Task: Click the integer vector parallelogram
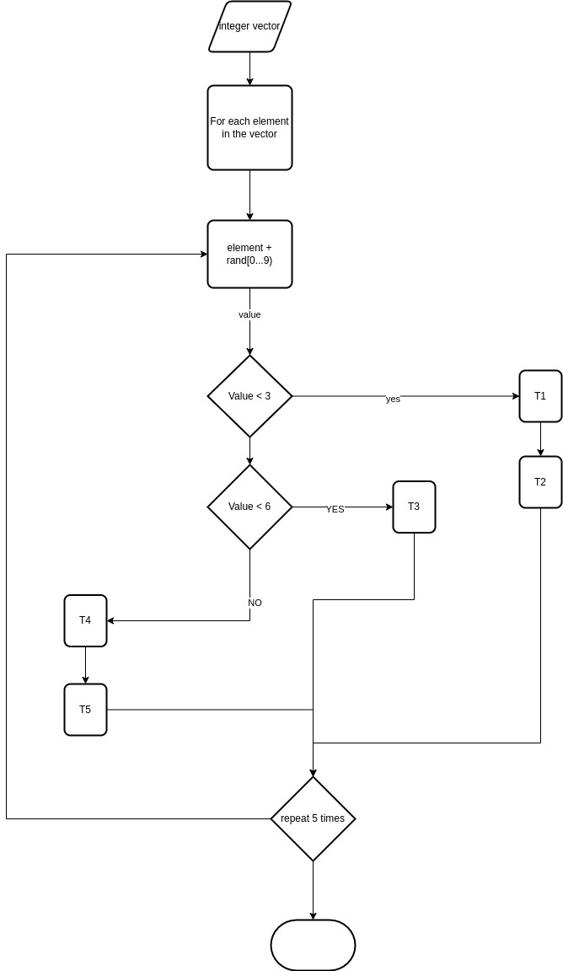[249, 27]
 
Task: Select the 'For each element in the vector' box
[249, 127]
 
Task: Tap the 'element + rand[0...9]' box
[249, 254]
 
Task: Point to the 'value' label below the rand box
[249, 314]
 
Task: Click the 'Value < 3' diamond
[249, 396]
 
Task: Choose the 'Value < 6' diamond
[249, 507]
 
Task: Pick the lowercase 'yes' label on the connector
[393, 399]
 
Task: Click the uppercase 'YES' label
[335, 509]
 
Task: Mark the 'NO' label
[255, 603]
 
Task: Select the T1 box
[540, 396]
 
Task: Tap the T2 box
[540, 482]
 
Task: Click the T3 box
[414, 507]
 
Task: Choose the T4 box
[85, 620]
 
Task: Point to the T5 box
[85, 710]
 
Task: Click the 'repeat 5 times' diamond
[313, 818]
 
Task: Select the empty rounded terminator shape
[313, 945]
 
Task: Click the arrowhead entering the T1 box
[515, 396]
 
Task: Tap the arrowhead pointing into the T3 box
[389, 507]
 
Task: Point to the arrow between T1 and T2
[540, 440]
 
